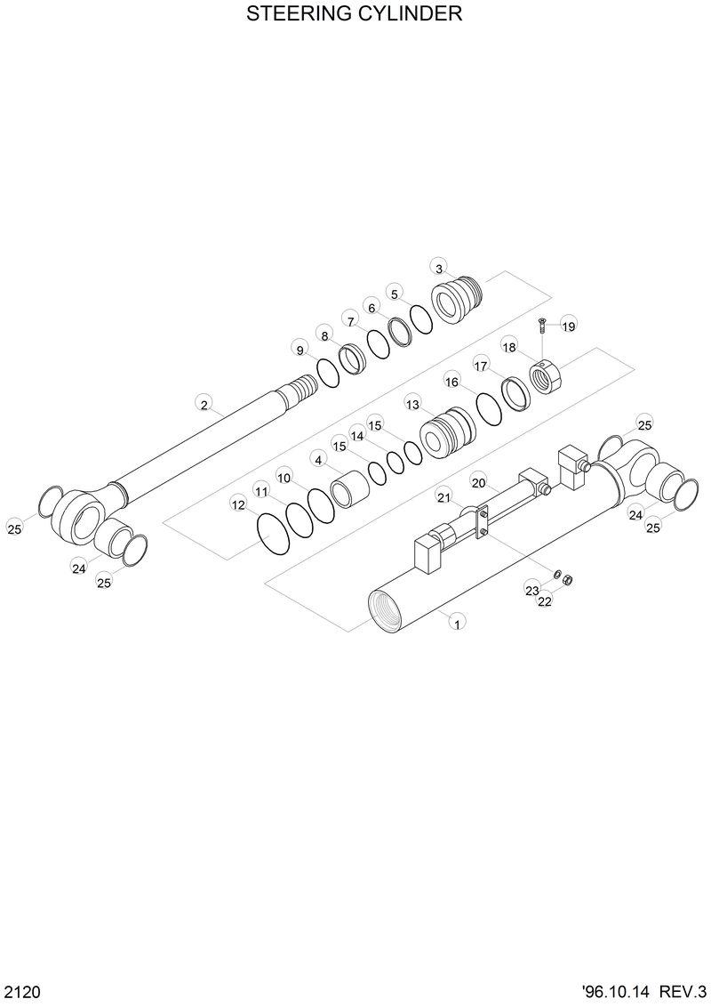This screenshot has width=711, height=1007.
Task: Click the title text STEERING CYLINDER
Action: pyautogui.click(x=355, y=14)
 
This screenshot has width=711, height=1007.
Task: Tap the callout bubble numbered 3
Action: pyautogui.click(x=438, y=268)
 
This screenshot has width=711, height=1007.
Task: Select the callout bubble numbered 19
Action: pyautogui.click(x=569, y=326)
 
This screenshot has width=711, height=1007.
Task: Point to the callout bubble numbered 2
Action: pyautogui.click(x=204, y=405)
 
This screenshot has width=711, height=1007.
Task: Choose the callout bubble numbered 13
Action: pyautogui.click(x=412, y=404)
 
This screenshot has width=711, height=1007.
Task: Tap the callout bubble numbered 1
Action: pyautogui.click(x=457, y=624)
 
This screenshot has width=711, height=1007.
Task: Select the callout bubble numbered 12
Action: pyautogui.click(x=238, y=504)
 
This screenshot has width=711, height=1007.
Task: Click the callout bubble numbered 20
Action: pyautogui.click(x=478, y=483)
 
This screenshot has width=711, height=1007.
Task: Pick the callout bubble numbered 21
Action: pyautogui.click(x=443, y=495)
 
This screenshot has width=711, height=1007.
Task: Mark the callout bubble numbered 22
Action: pyautogui.click(x=545, y=601)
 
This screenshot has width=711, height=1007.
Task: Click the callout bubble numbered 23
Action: pyautogui.click(x=531, y=590)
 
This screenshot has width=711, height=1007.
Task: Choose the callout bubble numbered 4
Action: pyautogui.click(x=317, y=459)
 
